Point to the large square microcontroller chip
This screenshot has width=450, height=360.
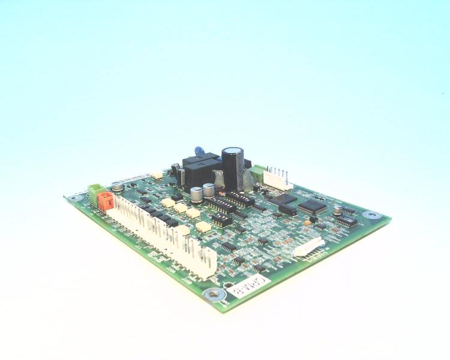pyautogui.click(x=312, y=206)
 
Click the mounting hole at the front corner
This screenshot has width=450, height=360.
pyautogui.click(x=212, y=294)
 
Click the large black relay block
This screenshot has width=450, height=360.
pyautogui.click(x=200, y=170)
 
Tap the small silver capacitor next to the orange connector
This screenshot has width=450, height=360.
pyautogui.click(x=118, y=187)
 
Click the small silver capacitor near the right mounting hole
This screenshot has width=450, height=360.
pyautogui.click(x=338, y=209)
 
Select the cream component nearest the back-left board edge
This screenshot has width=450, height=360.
pyautogui.click(x=157, y=175)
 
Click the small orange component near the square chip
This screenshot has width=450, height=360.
pyautogui.click(x=308, y=223)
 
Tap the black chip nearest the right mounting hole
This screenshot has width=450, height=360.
pyautogui.click(x=346, y=221)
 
